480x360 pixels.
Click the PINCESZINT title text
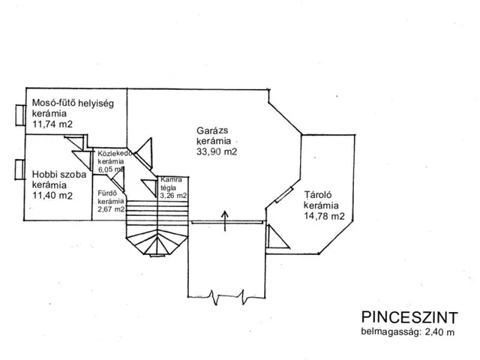[409, 317]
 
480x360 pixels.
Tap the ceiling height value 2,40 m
[439, 332]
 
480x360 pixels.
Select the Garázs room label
[212, 130]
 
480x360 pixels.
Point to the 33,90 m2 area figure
[217, 151]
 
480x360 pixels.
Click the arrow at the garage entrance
[225, 220]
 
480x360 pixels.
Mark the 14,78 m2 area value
[324, 216]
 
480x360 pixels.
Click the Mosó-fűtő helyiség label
[73, 103]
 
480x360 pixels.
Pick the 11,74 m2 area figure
[52, 124]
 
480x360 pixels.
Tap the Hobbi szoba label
[59, 175]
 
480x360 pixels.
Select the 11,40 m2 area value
[52, 195]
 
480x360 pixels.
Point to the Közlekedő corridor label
[115, 153]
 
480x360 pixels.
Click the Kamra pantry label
[171, 180]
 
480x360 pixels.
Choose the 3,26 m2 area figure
[173, 195]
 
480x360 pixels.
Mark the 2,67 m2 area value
[111, 209]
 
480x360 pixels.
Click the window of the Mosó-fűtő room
[20, 115]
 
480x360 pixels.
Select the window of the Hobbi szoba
[20, 170]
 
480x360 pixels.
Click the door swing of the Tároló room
[277, 237]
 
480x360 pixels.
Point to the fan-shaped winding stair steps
[157, 241]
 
